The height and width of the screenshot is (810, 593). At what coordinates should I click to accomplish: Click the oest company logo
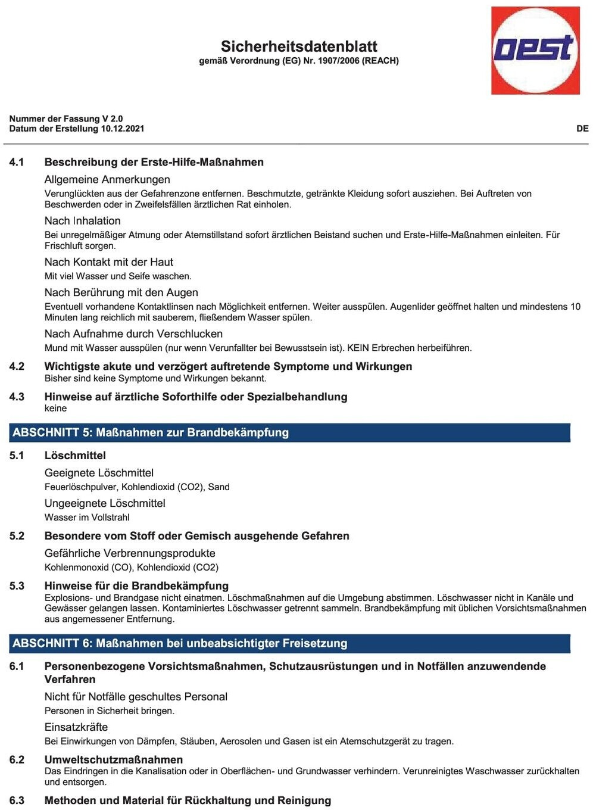click(x=535, y=50)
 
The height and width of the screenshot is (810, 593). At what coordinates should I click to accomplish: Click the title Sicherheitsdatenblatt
click(x=299, y=46)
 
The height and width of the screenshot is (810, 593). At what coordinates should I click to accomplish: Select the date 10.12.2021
click(x=122, y=129)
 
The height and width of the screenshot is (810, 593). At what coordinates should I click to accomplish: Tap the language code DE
click(x=582, y=129)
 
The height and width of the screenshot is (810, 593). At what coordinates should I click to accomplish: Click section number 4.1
click(x=17, y=162)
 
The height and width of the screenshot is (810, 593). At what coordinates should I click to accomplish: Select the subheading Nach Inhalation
click(x=82, y=220)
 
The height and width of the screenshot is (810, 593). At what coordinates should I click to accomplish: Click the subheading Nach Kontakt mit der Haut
click(x=108, y=262)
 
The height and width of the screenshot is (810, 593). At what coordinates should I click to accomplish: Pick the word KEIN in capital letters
click(x=358, y=348)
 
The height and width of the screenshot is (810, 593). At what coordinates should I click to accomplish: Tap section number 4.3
click(x=17, y=397)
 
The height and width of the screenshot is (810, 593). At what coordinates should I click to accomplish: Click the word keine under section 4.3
click(x=55, y=409)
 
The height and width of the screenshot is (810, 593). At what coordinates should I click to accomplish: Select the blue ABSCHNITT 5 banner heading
click(x=151, y=432)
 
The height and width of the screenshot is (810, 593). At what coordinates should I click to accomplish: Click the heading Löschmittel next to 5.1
click(x=75, y=456)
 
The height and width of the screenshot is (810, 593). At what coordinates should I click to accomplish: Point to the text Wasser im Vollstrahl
click(x=87, y=518)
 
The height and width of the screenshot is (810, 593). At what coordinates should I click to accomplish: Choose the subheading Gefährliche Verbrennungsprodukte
click(x=130, y=553)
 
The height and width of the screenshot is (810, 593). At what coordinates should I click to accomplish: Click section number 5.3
click(x=17, y=586)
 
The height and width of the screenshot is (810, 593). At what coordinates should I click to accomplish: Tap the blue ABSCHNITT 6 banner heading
click(x=180, y=643)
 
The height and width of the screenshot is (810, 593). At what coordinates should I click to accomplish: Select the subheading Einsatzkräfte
click(x=76, y=727)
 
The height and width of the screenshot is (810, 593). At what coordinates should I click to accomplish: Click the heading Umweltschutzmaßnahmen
click(x=114, y=759)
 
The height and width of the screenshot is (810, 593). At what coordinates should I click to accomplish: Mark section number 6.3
click(x=17, y=800)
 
